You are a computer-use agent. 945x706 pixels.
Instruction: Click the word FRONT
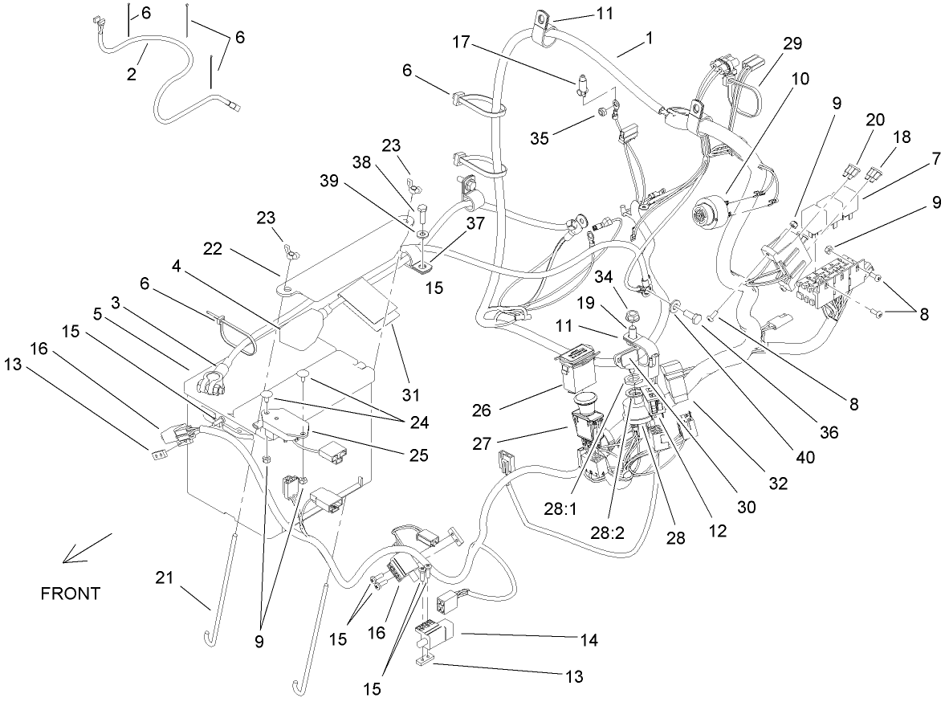71,594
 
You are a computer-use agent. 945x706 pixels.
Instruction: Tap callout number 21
165,577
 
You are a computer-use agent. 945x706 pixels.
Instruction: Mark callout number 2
132,74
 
